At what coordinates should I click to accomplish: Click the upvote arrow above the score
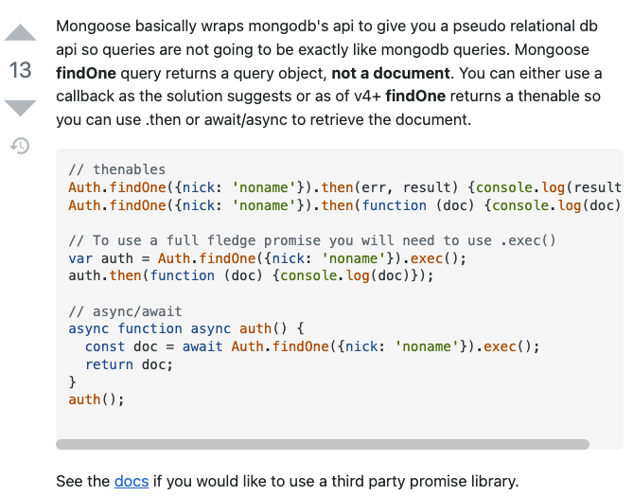coord(21,33)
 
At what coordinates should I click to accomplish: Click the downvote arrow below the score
coord(21,107)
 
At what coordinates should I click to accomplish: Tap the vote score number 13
coord(20,70)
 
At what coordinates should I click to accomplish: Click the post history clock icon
coord(21,146)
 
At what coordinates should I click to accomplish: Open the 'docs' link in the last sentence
coord(132,481)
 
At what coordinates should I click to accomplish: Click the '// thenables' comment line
coord(116,169)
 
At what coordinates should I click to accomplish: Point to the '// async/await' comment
coord(125,310)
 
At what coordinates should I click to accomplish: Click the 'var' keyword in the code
coord(80,257)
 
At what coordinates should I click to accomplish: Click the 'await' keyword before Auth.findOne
coord(202,346)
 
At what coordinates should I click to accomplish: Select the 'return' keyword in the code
coord(109,364)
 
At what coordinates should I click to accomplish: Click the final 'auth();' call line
coord(97,399)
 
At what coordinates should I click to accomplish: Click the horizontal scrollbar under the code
coord(322,444)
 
